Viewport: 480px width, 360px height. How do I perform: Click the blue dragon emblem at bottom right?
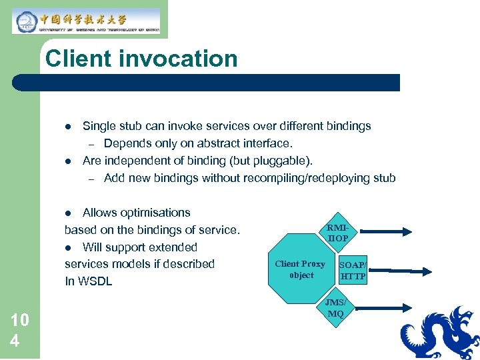pos(440,333)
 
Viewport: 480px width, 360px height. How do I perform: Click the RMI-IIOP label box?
pos(338,233)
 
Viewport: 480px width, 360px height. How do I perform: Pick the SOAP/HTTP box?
pos(353,270)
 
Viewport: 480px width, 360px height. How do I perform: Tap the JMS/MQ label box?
pos(335,308)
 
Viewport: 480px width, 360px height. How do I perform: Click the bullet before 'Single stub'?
pos(68,126)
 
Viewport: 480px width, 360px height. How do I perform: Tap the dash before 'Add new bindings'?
pos(91,179)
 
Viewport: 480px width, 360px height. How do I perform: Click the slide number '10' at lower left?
pos(20,320)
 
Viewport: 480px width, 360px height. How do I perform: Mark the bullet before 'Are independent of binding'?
pos(68,161)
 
